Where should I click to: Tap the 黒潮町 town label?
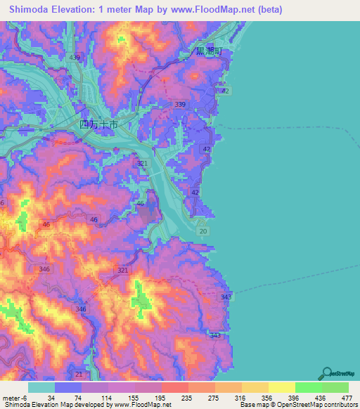point(208,52)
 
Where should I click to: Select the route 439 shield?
point(75,57)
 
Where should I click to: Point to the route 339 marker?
point(180,105)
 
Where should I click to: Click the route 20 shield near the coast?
point(203,231)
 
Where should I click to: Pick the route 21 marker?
point(78,373)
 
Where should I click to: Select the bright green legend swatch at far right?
point(335,387)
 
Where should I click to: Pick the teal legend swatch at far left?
point(41,387)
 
